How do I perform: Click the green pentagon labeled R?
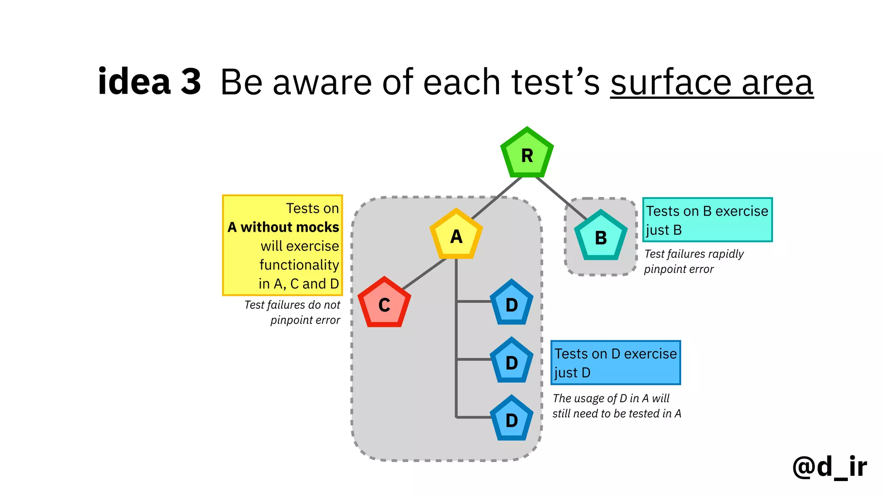pos(527,154)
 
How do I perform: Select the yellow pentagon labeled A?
pos(456,236)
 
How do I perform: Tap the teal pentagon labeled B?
pos(600,237)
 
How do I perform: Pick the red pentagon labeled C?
pos(384,304)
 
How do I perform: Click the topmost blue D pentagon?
pos(511,304)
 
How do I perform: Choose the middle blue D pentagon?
pos(511,362)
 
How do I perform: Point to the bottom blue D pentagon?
pos(511,420)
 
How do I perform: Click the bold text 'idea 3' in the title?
pos(149,82)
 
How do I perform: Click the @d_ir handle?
pos(829,467)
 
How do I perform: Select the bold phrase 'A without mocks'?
pos(283,227)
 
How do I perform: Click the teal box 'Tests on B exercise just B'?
pos(707,220)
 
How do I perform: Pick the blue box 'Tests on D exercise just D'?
pos(616,363)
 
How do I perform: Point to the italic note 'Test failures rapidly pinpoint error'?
pos(693,261)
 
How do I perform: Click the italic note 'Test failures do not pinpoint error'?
pos(293,312)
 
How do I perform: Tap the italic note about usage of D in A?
pos(616,406)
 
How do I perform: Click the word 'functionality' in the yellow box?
pos(299,265)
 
